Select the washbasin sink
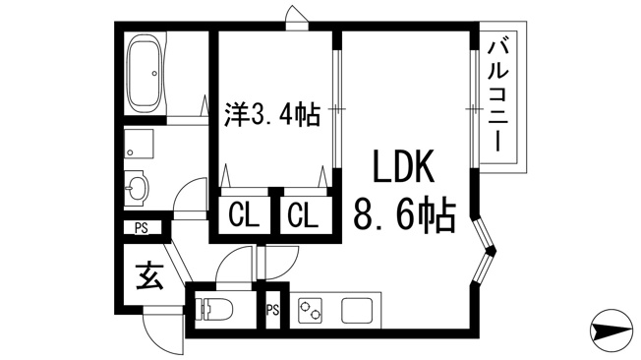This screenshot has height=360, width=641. [136, 189]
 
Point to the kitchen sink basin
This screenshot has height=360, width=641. [357, 311]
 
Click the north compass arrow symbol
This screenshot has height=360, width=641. [611, 330]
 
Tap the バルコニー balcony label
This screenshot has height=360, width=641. [498, 95]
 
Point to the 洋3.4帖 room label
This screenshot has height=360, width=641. [272, 114]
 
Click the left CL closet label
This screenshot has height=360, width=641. [244, 215]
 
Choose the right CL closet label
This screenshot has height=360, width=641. [303, 215]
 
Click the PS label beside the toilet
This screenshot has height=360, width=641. [272, 310]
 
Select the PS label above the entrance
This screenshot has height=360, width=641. [142, 228]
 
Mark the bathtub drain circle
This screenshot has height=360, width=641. [154, 74]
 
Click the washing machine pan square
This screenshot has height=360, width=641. [139, 144]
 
